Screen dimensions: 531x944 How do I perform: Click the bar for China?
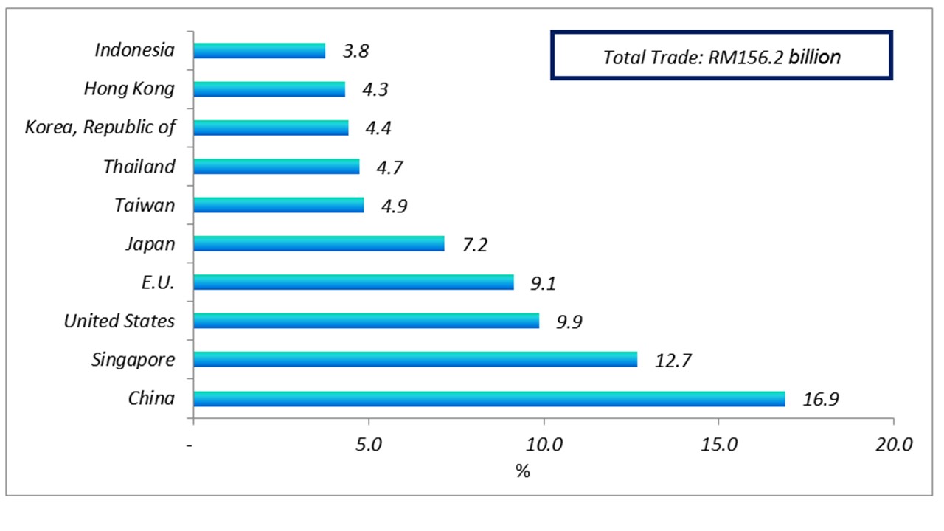coord(489,399)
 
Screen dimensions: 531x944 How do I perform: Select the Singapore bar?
coord(415,359)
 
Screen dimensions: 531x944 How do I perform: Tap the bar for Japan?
coord(319,243)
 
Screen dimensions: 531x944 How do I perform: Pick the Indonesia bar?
coord(259,50)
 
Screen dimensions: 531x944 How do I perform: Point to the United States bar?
coord(366,321)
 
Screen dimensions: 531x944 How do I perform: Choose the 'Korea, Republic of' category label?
coord(100,128)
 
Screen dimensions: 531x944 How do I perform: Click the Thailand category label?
coord(139,167)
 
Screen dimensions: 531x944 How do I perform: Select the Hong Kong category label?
coord(129,89)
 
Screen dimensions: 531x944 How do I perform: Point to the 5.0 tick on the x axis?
coord(368,445)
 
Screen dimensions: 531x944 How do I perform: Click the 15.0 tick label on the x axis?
coord(718,445)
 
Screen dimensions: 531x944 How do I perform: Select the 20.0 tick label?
coord(893,445)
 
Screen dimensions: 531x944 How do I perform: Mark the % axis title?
coord(523,471)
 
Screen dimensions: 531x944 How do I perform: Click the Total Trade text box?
coord(721,55)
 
